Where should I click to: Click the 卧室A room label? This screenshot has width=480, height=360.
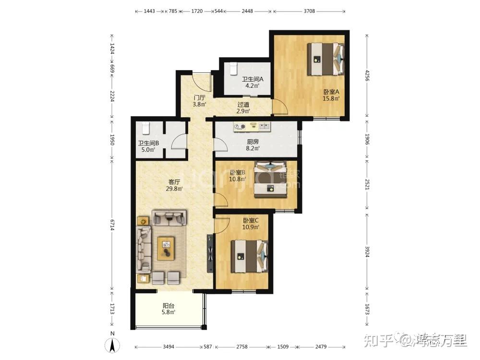(x=331, y=92)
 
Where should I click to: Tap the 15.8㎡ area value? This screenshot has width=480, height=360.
(x=331, y=98)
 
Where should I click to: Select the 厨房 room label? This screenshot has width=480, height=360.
(x=253, y=142)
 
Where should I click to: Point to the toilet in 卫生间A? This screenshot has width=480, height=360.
(x=234, y=69)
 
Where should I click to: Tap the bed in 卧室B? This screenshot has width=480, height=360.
(x=271, y=180)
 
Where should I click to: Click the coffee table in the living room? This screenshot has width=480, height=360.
(x=166, y=249)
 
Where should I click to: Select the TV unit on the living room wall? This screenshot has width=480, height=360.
(x=210, y=253)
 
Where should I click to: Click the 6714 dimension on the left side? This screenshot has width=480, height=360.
(x=112, y=225)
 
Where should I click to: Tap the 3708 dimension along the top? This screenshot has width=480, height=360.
(x=309, y=12)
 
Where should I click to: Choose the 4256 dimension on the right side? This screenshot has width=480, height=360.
(x=367, y=76)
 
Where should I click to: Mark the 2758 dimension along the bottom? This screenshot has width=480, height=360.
(x=242, y=347)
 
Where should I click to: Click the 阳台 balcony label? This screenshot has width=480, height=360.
(x=168, y=305)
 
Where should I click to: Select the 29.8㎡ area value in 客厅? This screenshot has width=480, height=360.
(x=174, y=189)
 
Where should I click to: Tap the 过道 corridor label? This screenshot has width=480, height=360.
(x=243, y=104)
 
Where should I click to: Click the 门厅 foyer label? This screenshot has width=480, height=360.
(x=199, y=97)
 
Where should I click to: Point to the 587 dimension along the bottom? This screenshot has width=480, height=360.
(x=208, y=347)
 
